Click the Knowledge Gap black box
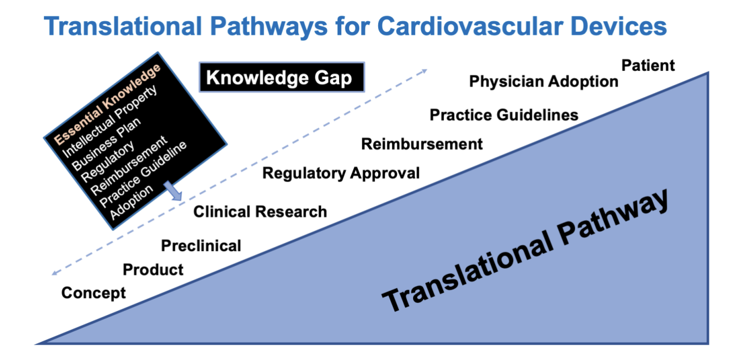click(x=282, y=77)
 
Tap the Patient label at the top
click(x=648, y=65)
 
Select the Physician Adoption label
click(x=544, y=81)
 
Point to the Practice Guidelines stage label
click(x=504, y=115)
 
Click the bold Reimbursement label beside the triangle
click(x=422, y=144)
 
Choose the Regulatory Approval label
click(x=341, y=173)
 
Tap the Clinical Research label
click(x=260, y=212)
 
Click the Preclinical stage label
click(x=201, y=245)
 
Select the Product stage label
click(x=153, y=270)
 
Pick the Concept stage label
click(x=93, y=293)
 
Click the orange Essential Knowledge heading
click(x=107, y=105)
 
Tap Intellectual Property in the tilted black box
click(x=109, y=121)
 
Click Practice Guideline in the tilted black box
click(x=143, y=174)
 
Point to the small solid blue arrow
click(x=173, y=191)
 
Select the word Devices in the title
click(x=619, y=26)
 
